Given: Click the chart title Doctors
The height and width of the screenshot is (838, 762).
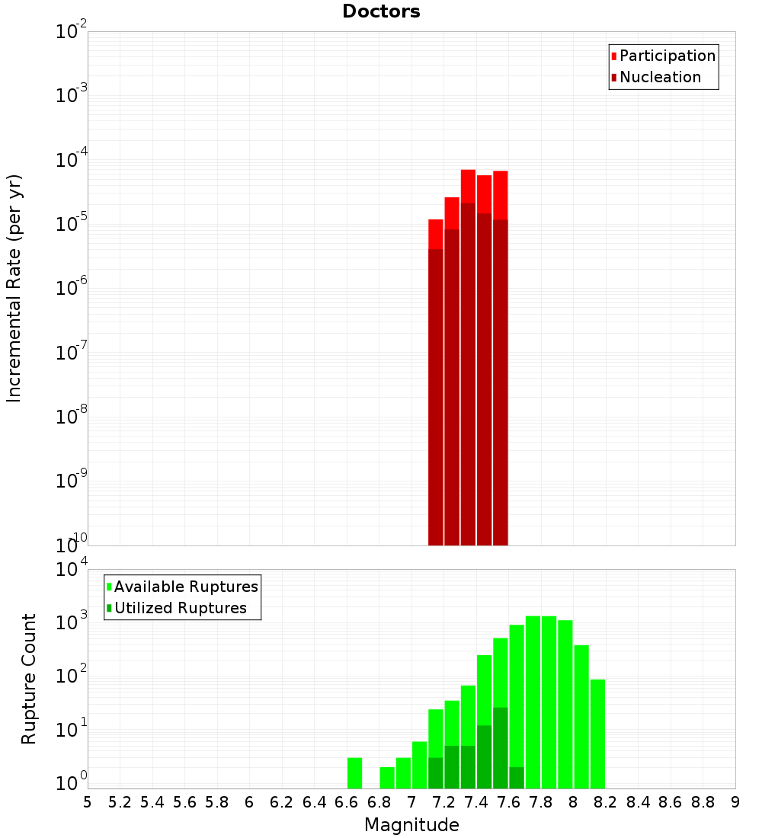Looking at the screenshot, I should [381, 11].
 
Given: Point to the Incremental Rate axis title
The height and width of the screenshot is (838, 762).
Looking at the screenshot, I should [14, 288].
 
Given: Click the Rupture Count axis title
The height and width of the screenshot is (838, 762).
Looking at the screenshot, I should [29, 679].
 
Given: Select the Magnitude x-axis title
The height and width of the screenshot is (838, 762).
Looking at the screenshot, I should [411, 825].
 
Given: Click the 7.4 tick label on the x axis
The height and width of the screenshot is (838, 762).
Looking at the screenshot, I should [476, 802].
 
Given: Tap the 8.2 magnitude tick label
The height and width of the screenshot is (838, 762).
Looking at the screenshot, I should [606, 802].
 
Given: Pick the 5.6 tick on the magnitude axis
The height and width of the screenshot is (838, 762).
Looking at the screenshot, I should [184, 802].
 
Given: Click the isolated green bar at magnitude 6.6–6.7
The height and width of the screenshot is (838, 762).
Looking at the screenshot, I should [354, 772].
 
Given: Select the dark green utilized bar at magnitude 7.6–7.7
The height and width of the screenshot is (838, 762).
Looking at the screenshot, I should [517, 777].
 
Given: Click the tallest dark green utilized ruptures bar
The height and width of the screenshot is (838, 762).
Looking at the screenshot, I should [501, 747].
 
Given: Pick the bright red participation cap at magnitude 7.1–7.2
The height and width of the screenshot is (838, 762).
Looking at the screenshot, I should [436, 234].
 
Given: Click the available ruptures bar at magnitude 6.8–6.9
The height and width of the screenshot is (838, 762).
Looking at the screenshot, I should [387, 777].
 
